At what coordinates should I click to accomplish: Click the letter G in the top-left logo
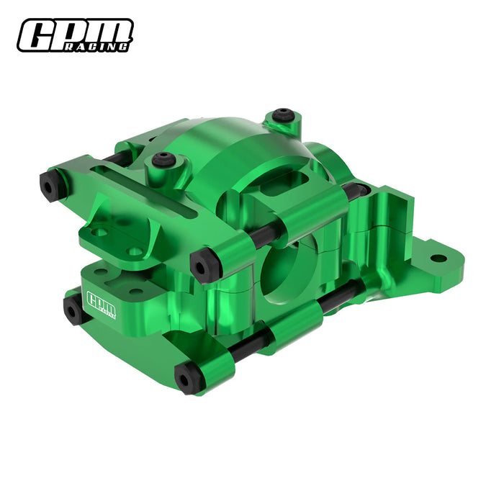pyautogui.click(x=38, y=35)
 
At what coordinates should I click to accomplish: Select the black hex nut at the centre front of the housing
pyautogui.click(x=203, y=264)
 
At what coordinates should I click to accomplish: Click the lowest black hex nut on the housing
pyautogui.click(x=188, y=379)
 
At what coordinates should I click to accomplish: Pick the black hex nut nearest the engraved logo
pyautogui.click(x=75, y=310)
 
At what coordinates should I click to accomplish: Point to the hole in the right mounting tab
pyautogui.click(x=438, y=257)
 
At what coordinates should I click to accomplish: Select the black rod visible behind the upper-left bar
pyautogui.click(x=115, y=157)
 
